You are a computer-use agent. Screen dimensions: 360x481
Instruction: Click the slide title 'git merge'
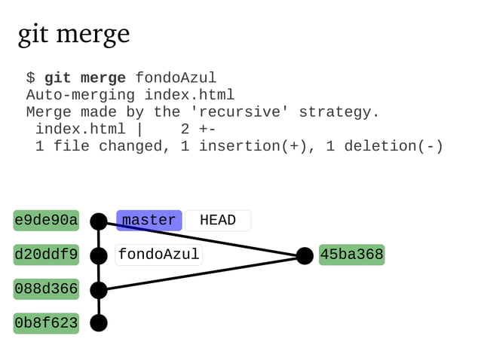[73, 34]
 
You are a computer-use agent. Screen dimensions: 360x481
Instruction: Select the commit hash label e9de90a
[46, 220]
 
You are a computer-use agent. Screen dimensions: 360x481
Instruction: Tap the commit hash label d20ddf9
[46, 255]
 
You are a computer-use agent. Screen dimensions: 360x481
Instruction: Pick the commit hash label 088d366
[46, 289]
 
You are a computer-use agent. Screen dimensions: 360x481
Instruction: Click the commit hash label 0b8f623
[46, 323]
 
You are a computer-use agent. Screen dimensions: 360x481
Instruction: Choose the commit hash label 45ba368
[351, 255]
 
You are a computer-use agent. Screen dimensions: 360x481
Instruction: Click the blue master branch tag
[149, 220]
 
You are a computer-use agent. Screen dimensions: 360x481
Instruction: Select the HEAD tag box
[218, 220]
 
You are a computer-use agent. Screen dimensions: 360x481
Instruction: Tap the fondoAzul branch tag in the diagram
[159, 255]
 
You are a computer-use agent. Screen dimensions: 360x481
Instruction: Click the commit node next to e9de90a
[99, 221]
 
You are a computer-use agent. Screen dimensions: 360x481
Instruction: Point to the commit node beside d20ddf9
[99, 256]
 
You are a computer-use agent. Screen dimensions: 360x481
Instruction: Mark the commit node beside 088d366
[99, 290]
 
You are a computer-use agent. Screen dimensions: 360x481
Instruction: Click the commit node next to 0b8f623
[99, 323]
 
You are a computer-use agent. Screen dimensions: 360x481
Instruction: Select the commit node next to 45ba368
[305, 256]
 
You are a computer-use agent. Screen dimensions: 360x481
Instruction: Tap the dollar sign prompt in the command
[30, 78]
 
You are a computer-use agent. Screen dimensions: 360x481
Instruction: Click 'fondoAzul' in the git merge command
[176, 78]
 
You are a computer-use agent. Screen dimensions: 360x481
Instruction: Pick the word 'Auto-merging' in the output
[81, 95]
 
